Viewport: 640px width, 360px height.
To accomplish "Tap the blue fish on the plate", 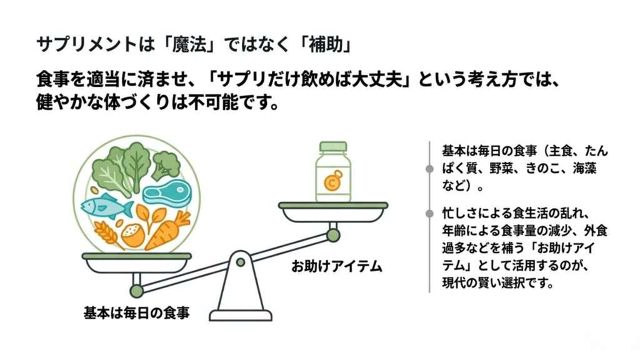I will (x=106, y=207).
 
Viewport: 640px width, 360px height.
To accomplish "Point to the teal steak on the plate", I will (x=165, y=192).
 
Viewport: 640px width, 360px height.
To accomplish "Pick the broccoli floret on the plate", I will (x=166, y=164).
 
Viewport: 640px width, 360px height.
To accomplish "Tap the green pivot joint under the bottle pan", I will (x=333, y=235).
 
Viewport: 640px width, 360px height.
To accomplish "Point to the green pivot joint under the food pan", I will (x=136, y=291).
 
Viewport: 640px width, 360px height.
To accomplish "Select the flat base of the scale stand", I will (x=240, y=316).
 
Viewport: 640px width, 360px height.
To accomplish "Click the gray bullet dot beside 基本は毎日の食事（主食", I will (x=429, y=169).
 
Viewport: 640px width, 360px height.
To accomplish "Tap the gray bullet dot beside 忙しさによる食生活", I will (x=429, y=214).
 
